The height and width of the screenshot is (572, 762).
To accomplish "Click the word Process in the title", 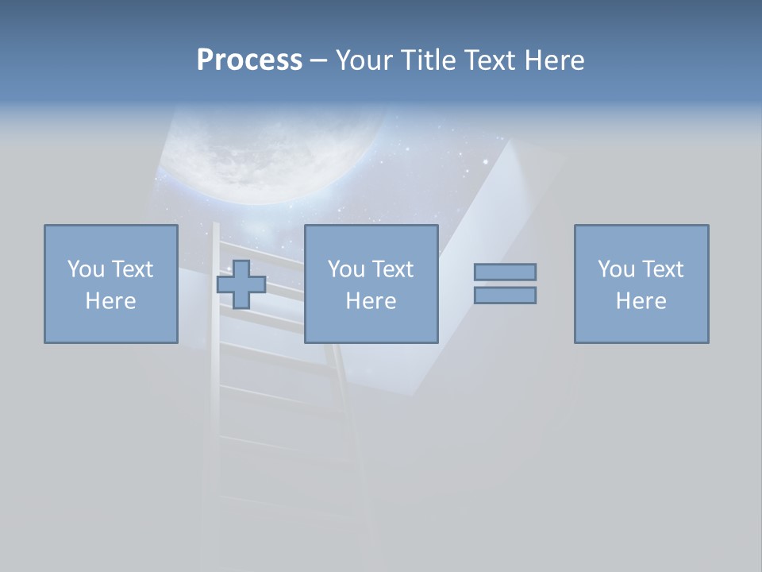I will (249, 60).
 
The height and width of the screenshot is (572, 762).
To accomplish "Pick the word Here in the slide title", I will (553, 60).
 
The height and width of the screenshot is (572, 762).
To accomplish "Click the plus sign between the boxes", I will (241, 284).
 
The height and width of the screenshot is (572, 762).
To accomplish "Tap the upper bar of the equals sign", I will (505, 272).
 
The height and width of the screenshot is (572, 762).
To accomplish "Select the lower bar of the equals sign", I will (505, 296).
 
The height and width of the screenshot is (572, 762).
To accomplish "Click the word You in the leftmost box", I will (85, 269).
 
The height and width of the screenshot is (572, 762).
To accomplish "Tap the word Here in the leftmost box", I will (111, 301).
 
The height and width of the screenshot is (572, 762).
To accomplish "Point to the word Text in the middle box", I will (394, 269).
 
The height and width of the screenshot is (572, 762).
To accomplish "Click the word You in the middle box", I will (346, 269).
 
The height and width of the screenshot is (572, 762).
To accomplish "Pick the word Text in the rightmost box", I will (664, 269).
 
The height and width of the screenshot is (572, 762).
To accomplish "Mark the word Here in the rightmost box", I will (641, 301).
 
